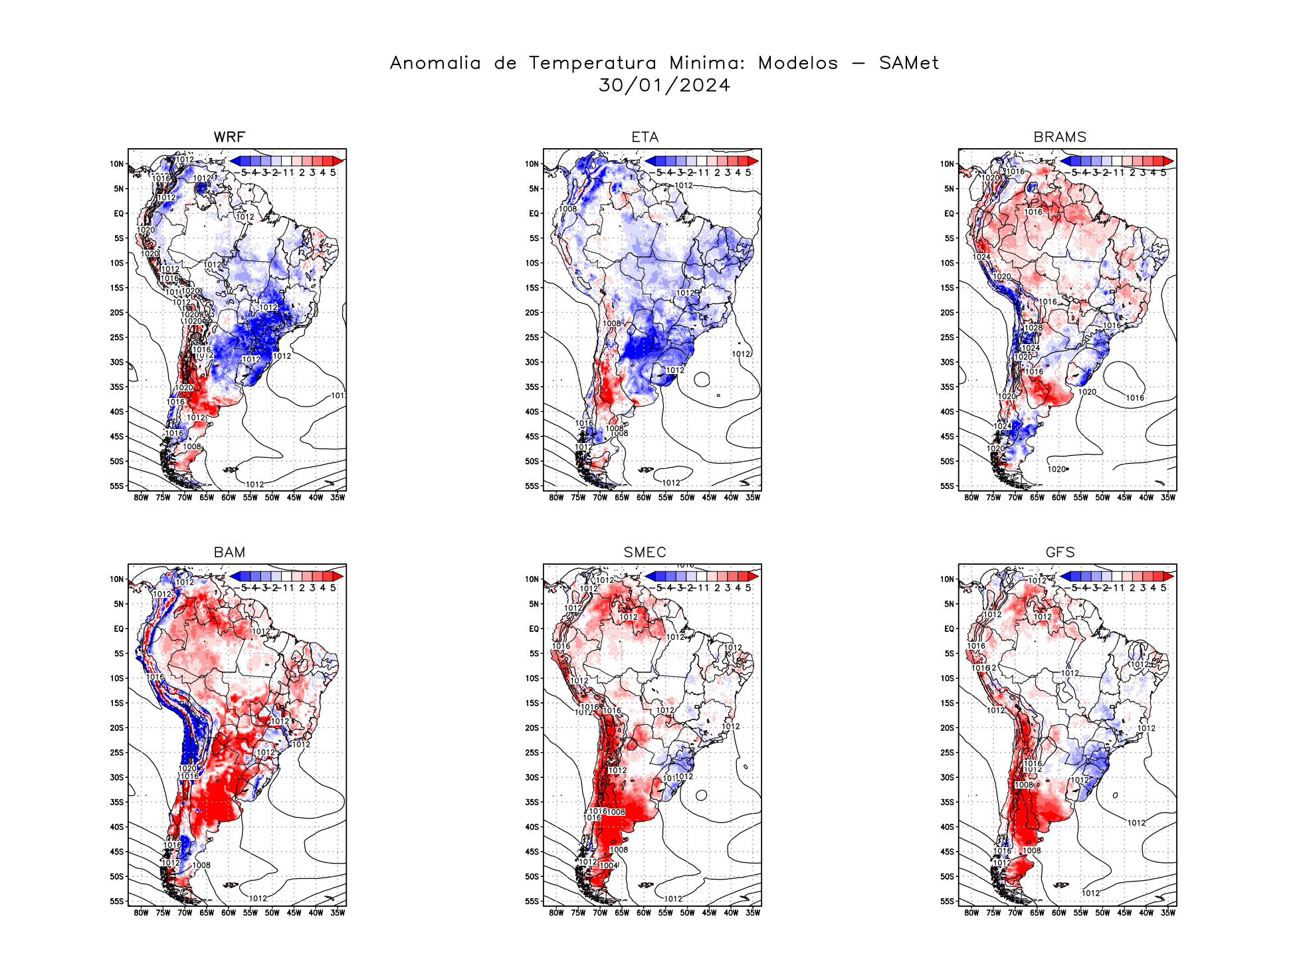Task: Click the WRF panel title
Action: click(229, 138)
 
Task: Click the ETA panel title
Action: click(645, 138)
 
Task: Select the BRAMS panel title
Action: click(1060, 138)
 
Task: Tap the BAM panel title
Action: click(229, 553)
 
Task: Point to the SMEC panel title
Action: click(645, 553)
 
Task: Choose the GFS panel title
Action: click(1060, 553)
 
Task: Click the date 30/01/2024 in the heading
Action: click(664, 86)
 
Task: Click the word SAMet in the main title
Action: click(908, 63)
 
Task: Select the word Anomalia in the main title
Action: click(435, 63)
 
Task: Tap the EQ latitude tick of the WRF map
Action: click(119, 214)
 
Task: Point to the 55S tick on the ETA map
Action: click(532, 486)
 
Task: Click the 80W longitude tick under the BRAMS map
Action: click(971, 498)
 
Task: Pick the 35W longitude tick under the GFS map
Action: click(1167, 913)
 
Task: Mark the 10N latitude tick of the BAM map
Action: click(117, 579)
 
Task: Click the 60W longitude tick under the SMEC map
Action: click(643, 913)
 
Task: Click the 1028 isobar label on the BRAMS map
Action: click(1033, 328)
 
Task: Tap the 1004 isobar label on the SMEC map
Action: click(608, 866)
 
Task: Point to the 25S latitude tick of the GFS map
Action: click(948, 753)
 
